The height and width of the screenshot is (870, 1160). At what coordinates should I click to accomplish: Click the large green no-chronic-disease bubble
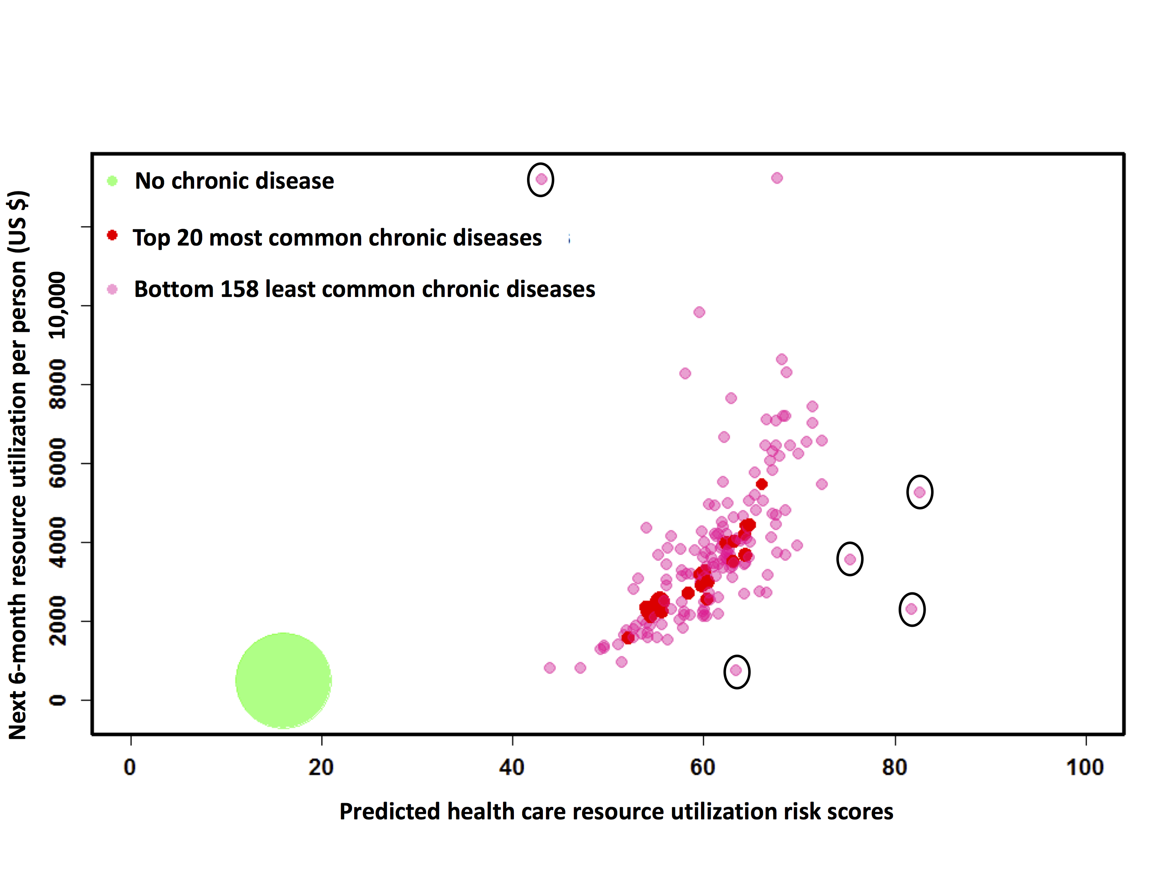283,680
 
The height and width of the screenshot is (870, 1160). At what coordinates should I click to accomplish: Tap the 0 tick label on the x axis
130,767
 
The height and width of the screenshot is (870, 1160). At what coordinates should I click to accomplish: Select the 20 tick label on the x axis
321,767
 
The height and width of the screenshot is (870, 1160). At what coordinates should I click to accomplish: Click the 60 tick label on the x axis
703,767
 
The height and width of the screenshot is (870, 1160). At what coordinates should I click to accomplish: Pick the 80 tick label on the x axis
894,767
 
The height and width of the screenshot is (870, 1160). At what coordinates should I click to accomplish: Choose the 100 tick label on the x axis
1085,767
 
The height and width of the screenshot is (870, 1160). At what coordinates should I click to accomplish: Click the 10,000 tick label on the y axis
58,305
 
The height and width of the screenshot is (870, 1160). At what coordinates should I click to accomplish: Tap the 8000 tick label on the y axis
58,384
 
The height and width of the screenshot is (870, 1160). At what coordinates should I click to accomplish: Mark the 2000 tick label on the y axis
58,621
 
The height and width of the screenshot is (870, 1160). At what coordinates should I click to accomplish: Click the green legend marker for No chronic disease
112,181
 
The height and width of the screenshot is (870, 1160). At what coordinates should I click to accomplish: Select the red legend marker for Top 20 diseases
112,235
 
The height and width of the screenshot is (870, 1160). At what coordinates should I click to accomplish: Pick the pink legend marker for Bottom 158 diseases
112,289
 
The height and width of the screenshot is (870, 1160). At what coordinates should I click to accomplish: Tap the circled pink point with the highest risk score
919,492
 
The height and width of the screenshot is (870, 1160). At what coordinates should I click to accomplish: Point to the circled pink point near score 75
850,559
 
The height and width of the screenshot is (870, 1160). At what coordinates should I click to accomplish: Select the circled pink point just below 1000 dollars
736,670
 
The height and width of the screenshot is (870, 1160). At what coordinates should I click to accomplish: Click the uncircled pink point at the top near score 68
777,178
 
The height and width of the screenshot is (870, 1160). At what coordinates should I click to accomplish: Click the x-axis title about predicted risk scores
616,811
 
